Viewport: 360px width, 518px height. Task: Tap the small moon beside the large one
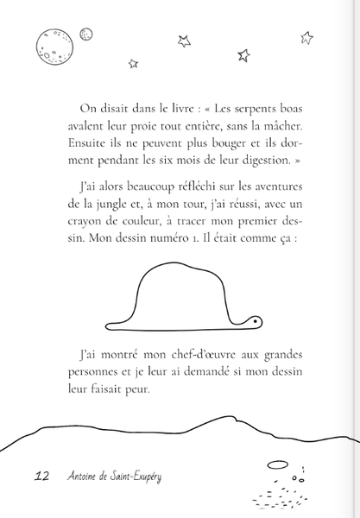85,34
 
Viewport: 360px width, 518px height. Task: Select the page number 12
41,477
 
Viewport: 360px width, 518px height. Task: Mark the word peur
136,390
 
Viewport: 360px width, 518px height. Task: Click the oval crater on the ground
277,465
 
